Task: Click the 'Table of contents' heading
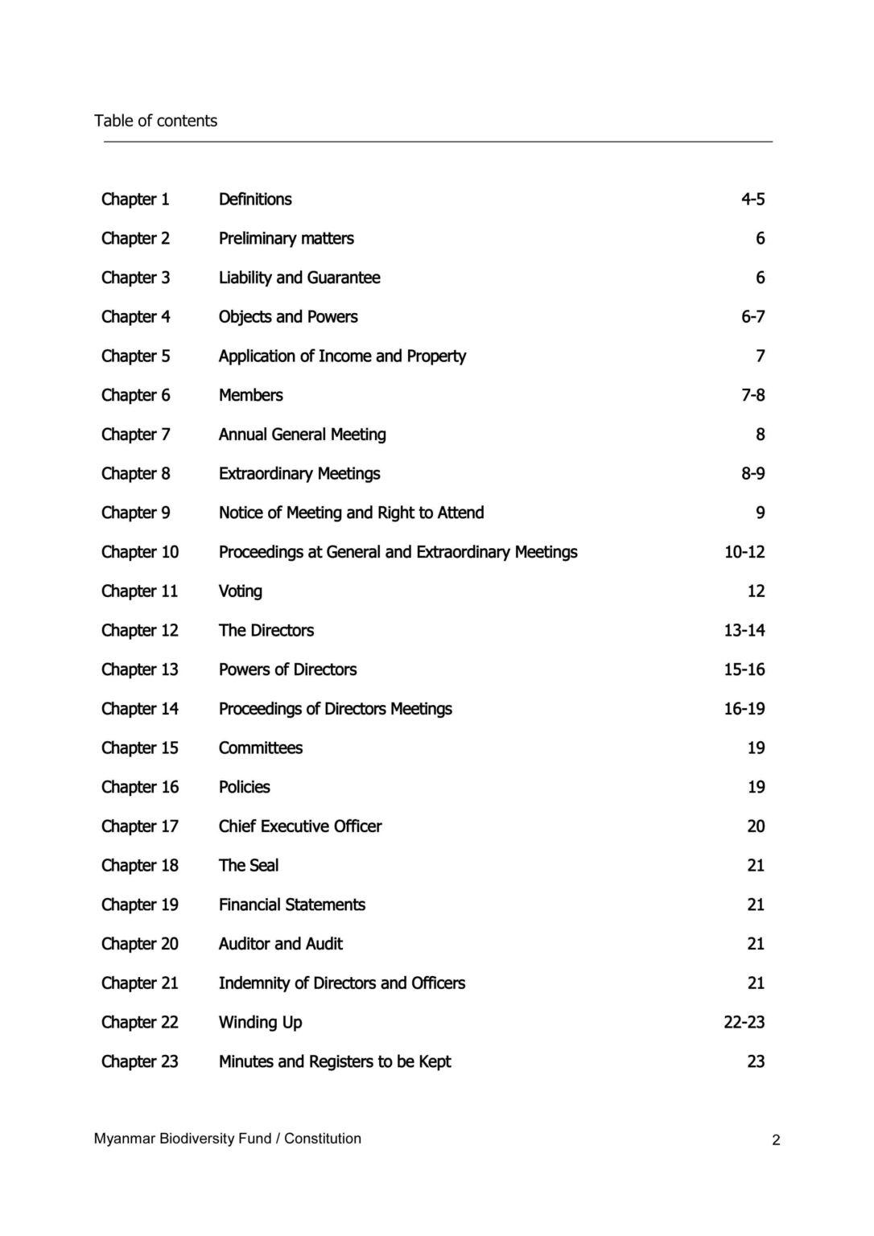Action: coord(155,121)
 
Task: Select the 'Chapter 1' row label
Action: coord(135,199)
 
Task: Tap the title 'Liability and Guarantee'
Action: coord(299,278)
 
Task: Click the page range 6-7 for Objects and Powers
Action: coord(752,317)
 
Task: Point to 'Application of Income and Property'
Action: coord(342,356)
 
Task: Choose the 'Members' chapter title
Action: coord(250,395)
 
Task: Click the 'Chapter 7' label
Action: coord(135,435)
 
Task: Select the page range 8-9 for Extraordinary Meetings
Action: coord(752,473)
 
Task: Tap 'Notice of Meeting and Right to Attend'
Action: coord(351,513)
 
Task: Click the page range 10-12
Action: coord(744,552)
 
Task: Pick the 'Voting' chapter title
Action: coord(240,591)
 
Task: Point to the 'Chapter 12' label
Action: coord(139,630)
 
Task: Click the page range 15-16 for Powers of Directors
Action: coord(744,669)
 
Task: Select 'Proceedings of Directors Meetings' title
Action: coord(335,709)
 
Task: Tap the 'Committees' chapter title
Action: coord(261,748)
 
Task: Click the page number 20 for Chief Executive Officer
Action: coord(756,826)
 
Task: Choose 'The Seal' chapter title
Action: coord(249,866)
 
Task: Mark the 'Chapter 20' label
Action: coord(139,944)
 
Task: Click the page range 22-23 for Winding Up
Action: coord(744,1023)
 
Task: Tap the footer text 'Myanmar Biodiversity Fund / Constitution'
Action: coord(227,1139)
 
